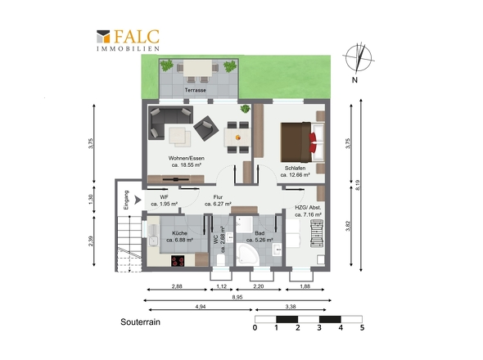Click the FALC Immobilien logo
[128, 40]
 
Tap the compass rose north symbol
[359, 58]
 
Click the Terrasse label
[196, 90]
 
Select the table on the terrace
[197, 68]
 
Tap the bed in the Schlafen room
[302, 142]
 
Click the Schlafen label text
[295, 169]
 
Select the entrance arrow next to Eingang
[138, 200]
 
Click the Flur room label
[218, 197]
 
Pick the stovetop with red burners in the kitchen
[178, 261]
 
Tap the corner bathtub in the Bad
[247, 254]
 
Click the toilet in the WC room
[220, 260]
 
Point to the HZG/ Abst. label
[308, 208]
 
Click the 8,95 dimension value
[237, 297]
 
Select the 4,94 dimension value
[201, 307]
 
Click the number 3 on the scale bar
[319, 327]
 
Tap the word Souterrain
[140, 322]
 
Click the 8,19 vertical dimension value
[357, 185]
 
